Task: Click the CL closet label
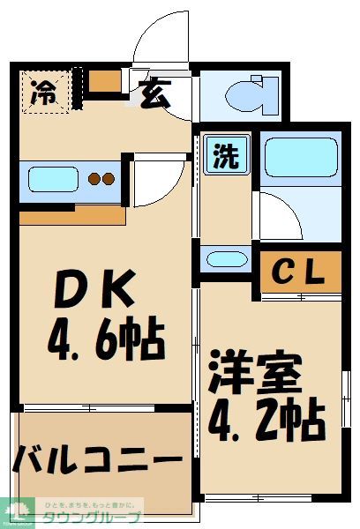click(301, 271)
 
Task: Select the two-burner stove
click(100, 180)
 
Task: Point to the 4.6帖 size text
click(103, 338)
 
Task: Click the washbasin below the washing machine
click(224, 259)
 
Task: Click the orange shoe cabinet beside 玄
click(105, 82)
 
